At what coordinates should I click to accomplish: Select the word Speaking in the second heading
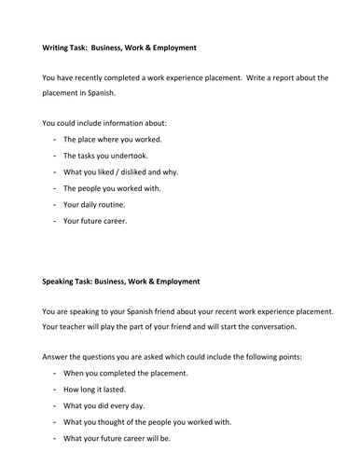pyautogui.click(x=60, y=281)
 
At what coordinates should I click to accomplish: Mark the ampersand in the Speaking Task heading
pyautogui.click(x=157, y=281)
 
